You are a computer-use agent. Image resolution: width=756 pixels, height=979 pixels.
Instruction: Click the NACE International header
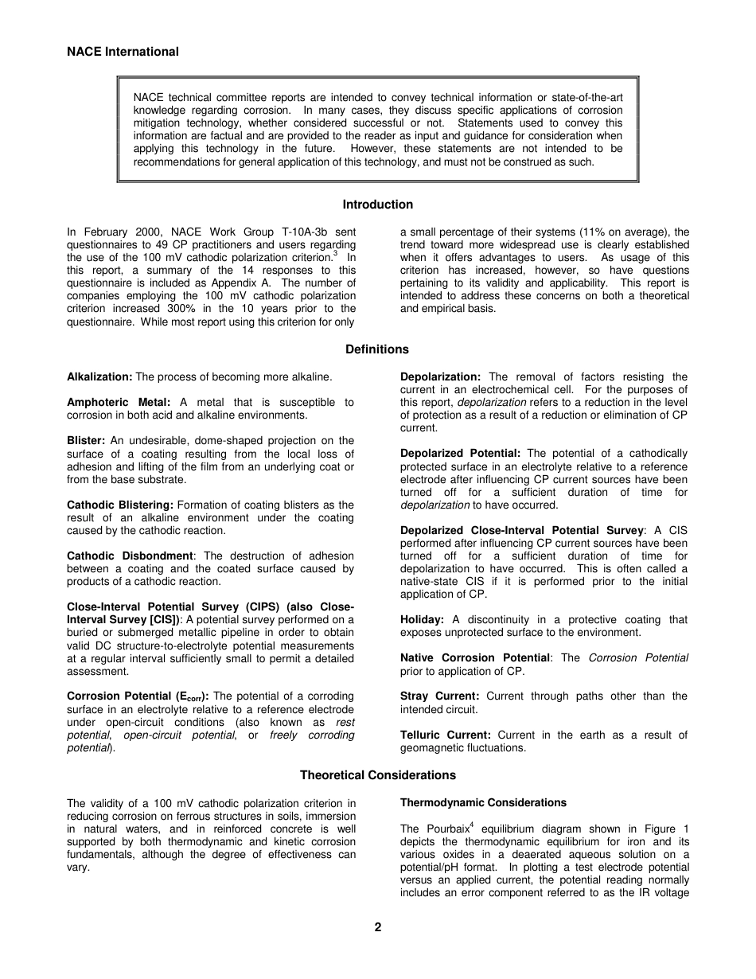pyautogui.click(x=123, y=52)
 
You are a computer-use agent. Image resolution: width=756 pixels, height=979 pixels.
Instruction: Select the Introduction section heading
pyautogui.click(x=377, y=205)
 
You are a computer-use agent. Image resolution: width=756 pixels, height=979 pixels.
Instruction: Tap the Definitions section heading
pyautogui.click(x=377, y=349)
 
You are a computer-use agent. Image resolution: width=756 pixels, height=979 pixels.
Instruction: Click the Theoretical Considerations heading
pyautogui.click(x=377, y=775)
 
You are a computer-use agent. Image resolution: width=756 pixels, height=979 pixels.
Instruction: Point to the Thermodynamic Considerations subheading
pyautogui.click(x=483, y=803)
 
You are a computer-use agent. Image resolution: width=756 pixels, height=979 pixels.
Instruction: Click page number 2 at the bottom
pyautogui.click(x=378, y=927)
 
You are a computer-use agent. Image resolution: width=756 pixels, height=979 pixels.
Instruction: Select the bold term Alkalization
pyautogui.click(x=99, y=376)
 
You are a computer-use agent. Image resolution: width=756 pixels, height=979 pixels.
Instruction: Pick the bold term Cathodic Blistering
pyautogui.click(x=120, y=505)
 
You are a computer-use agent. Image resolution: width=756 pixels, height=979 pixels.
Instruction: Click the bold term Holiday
pyautogui.click(x=422, y=620)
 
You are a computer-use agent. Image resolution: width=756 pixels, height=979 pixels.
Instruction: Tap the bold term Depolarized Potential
pyautogui.click(x=460, y=454)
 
